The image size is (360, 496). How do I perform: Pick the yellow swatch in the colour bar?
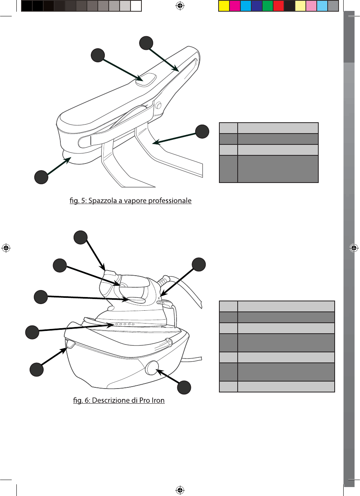tap(224, 6)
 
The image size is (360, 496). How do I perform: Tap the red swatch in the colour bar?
tap(278, 6)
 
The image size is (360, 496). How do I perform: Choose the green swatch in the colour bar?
tap(267, 6)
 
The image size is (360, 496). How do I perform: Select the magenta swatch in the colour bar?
tap(235, 6)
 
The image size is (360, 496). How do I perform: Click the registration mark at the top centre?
tap(180, 6)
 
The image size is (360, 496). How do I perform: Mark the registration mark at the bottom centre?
tap(180, 489)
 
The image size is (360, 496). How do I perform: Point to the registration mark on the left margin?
tap(6, 248)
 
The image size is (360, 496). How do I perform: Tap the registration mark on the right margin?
tap(354, 248)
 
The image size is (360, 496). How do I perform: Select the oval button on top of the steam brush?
tap(146, 80)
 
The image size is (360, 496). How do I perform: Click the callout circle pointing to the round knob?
tap(184, 388)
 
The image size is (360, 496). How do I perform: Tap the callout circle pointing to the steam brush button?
tap(97, 55)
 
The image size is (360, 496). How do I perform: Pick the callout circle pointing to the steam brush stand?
tap(201, 131)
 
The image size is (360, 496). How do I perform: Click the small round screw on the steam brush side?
tap(158, 106)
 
